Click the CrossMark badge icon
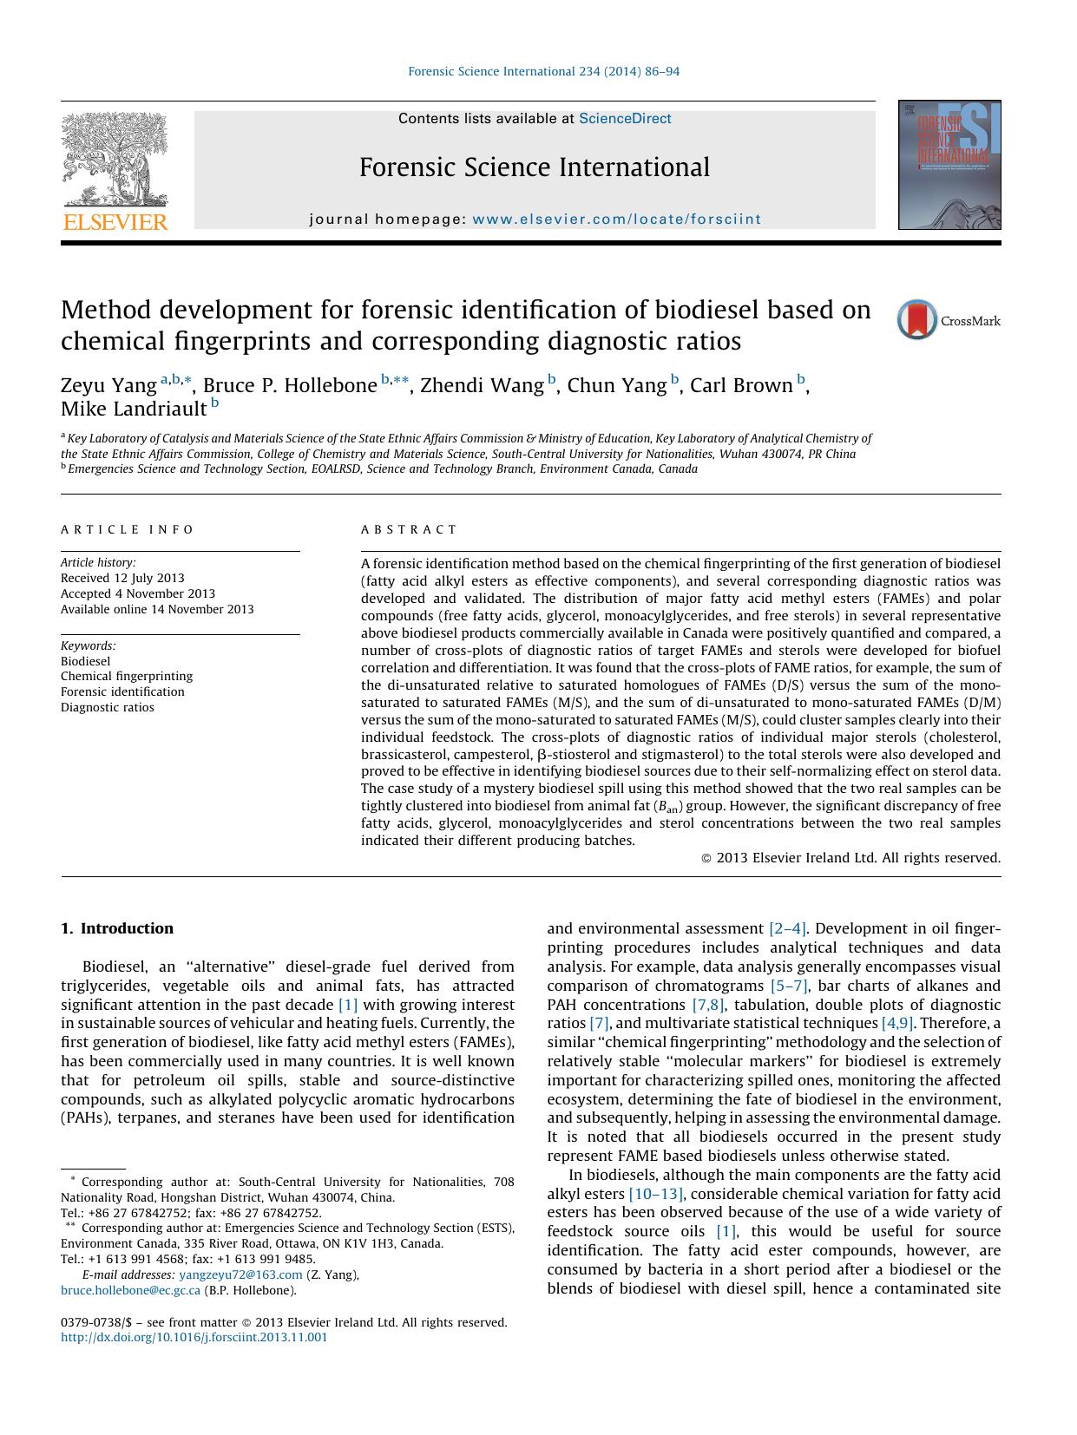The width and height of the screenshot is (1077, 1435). (917, 320)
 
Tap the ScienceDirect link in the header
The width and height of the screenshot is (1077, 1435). (625, 119)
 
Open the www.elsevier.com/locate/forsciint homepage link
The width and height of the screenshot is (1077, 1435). (616, 220)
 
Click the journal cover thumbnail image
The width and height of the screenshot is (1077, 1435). (949, 165)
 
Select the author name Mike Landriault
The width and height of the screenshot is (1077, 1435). (133, 408)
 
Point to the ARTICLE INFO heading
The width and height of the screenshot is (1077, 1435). (128, 529)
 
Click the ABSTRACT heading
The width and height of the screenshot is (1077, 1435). (409, 529)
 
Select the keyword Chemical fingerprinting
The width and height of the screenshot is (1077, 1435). (127, 677)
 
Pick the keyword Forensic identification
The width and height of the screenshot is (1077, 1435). (122, 692)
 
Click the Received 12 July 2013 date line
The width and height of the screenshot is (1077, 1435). (122, 579)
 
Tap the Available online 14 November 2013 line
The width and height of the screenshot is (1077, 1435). (157, 610)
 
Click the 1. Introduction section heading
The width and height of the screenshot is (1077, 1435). (117, 928)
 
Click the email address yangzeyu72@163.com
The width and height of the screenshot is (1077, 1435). (240, 1274)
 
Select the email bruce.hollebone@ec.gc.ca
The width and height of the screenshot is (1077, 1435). (130, 1290)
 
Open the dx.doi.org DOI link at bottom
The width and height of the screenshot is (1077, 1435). (194, 1338)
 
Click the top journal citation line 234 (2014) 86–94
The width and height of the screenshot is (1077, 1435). (543, 71)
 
